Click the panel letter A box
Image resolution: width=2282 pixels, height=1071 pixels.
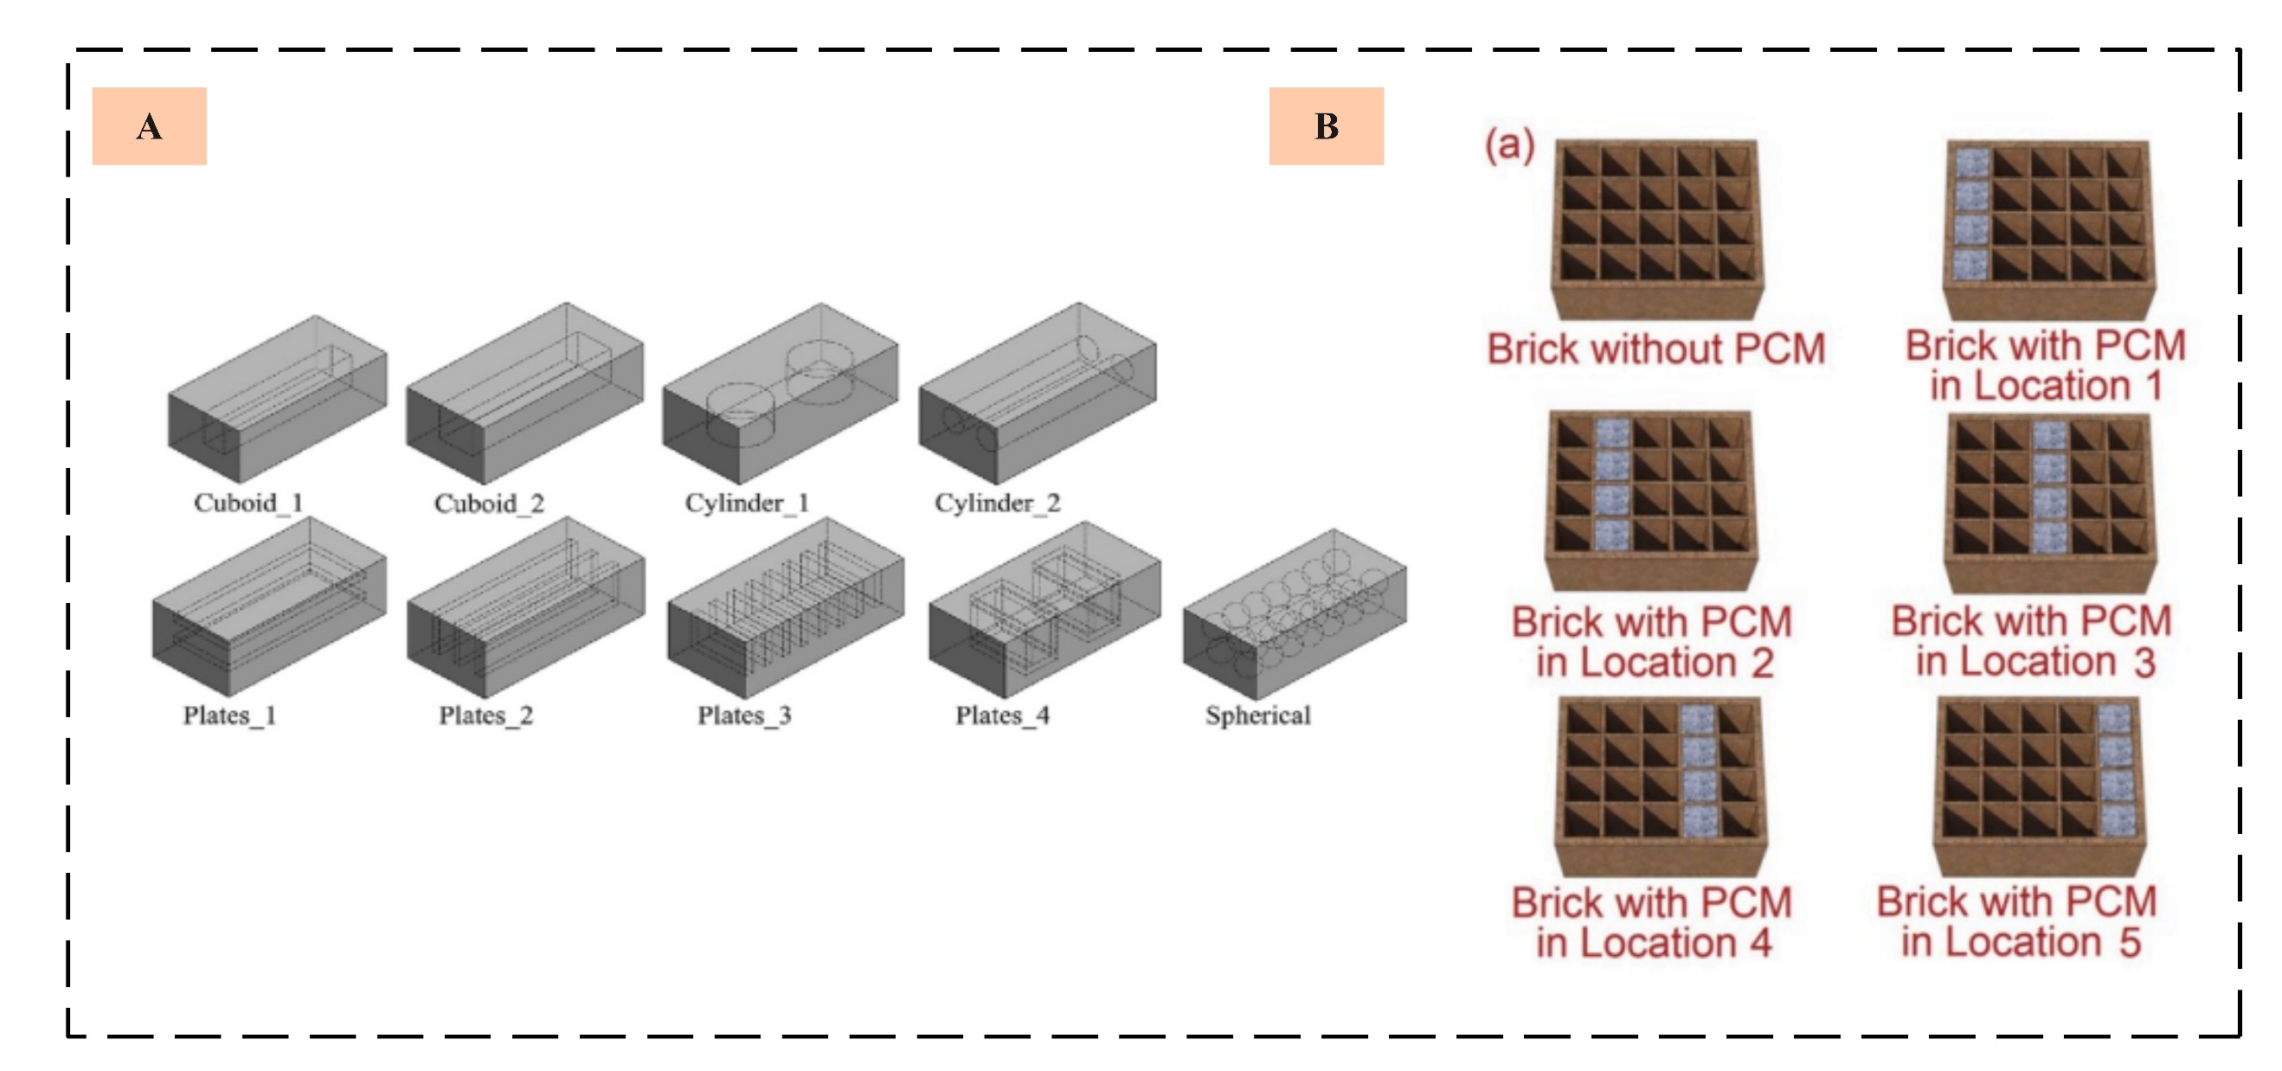point(149,125)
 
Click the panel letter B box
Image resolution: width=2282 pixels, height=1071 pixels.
point(1325,125)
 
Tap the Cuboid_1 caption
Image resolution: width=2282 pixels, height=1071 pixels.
point(248,503)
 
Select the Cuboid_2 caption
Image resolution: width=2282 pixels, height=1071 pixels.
point(488,503)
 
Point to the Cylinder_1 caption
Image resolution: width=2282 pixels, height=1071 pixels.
point(746,503)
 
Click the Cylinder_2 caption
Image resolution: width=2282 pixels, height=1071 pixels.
point(997,503)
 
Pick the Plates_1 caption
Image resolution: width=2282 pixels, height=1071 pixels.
point(229,715)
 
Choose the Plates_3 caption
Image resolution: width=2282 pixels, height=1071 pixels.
point(743,715)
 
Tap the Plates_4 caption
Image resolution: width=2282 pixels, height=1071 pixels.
point(1002,715)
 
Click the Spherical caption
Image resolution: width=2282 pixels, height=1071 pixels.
point(1257,715)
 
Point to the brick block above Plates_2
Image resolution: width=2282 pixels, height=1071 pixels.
point(525,607)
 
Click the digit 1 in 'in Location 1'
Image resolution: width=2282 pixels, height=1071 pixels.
point(2153,386)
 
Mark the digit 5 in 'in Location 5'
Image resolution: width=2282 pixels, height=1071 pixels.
point(2130,943)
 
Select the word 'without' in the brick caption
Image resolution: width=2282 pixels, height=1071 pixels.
point(1655,348)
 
